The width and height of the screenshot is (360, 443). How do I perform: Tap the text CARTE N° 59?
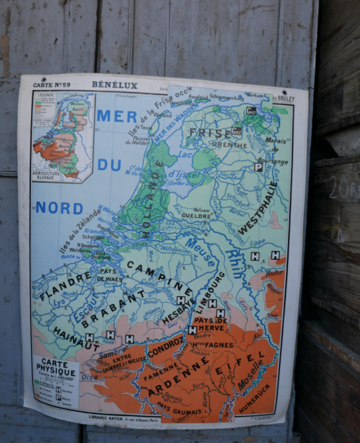point(52,85)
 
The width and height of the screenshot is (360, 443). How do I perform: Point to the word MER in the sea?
point(116,116)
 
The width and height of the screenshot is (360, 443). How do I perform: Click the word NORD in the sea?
point(60,208)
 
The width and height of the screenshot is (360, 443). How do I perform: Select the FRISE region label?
point(210,132)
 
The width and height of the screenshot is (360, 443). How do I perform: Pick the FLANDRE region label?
point(65,286)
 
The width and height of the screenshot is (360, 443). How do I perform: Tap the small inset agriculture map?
point(64,136)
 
